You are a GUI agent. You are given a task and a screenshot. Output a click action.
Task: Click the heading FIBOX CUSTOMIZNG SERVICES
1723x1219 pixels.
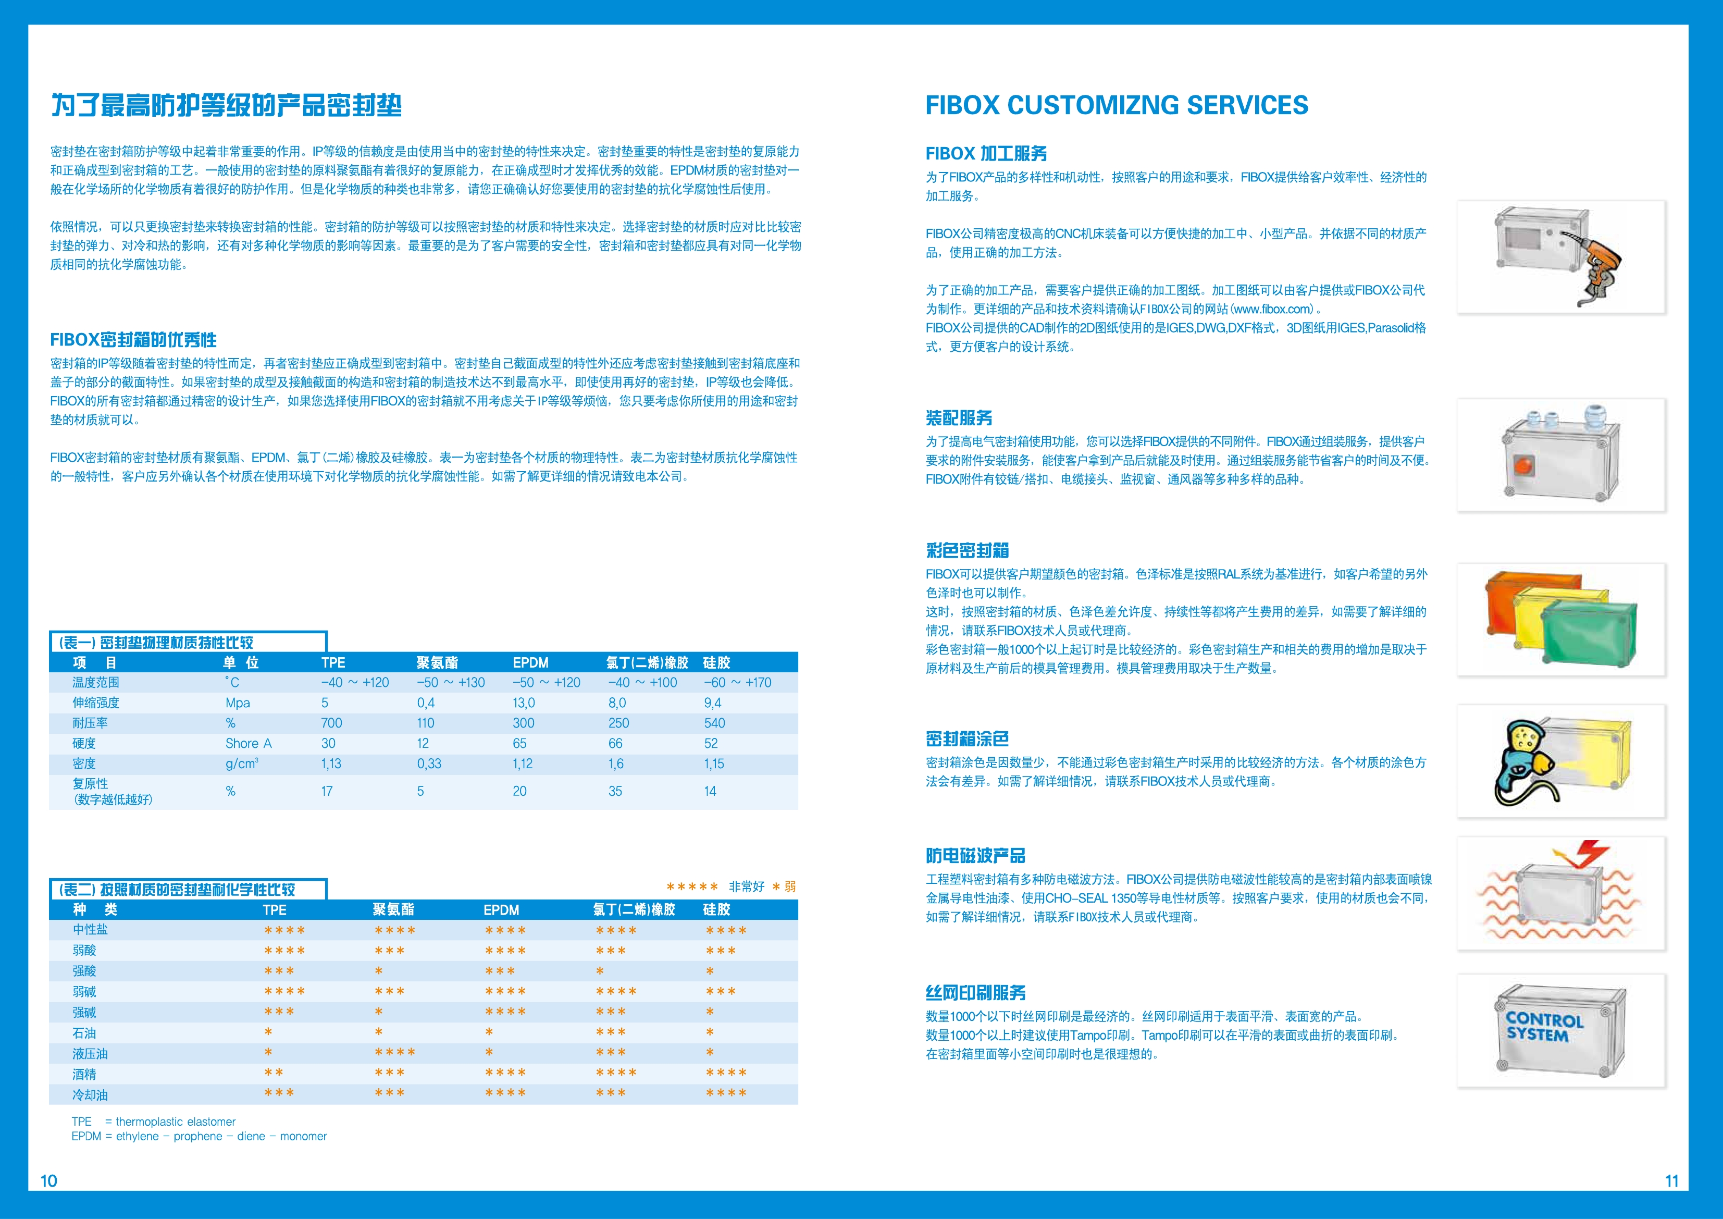click(x=1116, y=105)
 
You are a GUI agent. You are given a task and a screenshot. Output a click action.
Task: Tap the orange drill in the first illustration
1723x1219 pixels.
click(x=1602, y=259)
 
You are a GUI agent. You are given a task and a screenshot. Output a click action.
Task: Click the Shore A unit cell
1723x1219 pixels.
click(x=249, y=744)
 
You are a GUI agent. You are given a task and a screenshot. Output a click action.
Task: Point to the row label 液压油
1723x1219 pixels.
click(x=90, y=1054)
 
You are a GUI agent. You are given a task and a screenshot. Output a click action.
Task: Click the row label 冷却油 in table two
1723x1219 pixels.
click(x=90, y=1095)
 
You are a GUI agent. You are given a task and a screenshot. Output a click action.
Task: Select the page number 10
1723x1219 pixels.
click(x=48, y=1181)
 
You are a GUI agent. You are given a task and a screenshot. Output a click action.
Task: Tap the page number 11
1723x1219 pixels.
click(x=1671, y=1181)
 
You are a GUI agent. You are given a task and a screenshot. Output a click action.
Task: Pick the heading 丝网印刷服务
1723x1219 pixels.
click(x=975, y=993)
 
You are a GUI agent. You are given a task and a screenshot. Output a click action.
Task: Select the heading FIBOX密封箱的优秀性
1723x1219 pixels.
click(x=133, y=340)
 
